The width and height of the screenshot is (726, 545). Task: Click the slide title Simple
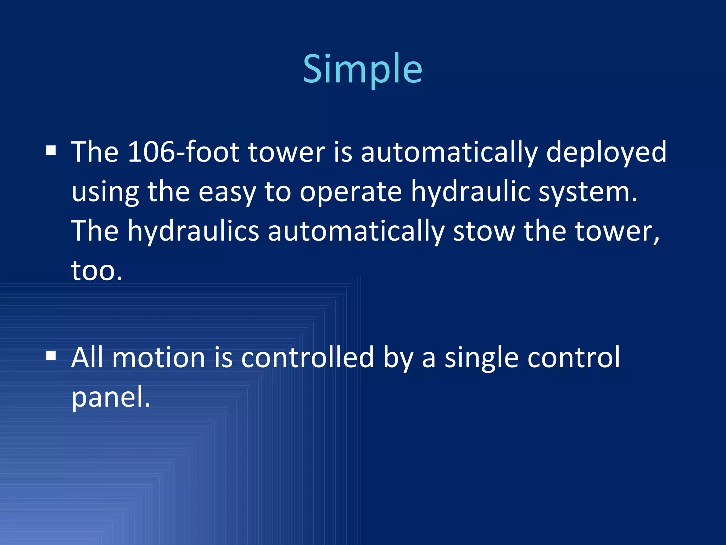click(362, 69)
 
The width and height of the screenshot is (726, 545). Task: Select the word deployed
click(606, 152)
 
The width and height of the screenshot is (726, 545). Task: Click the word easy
click(227, 192)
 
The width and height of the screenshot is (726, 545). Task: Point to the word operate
click(351, 192)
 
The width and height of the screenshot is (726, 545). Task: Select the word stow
click(484, 232)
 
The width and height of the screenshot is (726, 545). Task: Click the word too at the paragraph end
click(96, 271)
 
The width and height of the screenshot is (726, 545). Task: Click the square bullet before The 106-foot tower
click(51, 150)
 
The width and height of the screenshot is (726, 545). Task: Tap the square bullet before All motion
click(51, 356)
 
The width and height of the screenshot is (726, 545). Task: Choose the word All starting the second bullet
click(87, 357)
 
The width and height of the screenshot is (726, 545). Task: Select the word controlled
click(307, 357)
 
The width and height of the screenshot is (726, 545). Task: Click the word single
click(482, 357)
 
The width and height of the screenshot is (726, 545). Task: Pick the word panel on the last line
click(111, 397)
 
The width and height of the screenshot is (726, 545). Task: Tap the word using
click(105, 192)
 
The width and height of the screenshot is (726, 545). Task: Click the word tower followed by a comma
click(617, 232)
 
